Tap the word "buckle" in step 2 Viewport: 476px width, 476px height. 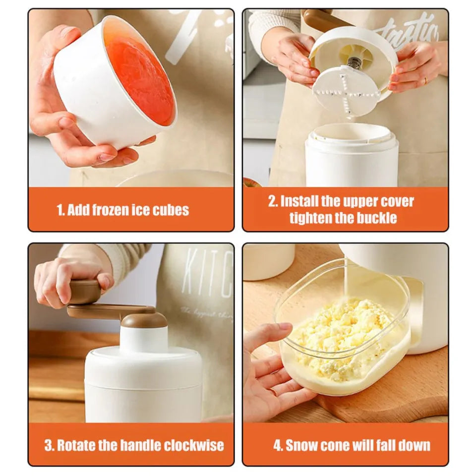377,218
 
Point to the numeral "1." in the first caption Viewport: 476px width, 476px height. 60,210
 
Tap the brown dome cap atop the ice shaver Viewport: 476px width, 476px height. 144,320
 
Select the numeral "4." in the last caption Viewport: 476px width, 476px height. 278,445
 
